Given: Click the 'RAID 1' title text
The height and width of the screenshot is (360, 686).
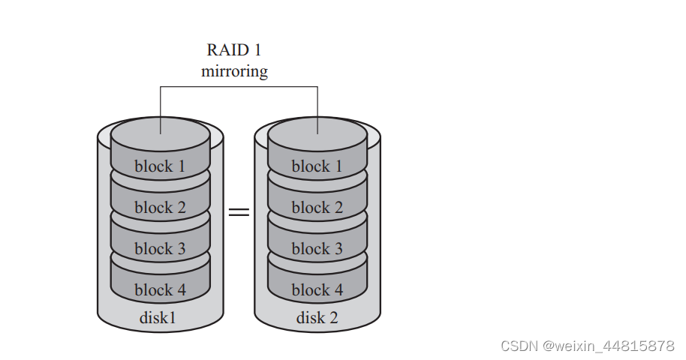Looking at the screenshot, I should (x=235, y=51).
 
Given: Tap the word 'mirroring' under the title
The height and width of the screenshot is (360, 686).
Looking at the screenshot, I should (x=235, y=72).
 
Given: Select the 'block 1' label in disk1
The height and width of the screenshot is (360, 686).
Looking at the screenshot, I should (x=160, y=166).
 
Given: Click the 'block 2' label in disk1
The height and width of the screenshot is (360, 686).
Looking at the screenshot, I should (x=160, y=208).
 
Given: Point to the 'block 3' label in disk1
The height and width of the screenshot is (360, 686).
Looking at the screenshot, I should (x=160, y=248).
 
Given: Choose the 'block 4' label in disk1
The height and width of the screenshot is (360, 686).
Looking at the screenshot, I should (x=160, y=289).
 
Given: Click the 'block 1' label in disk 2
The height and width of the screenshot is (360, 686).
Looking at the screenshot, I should (x=317, y=166).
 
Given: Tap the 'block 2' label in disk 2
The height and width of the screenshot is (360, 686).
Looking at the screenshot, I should (x=317, y=208).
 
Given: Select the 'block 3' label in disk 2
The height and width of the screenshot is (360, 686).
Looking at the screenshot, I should (x=317, y=248).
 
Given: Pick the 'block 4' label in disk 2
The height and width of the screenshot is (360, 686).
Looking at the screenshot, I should (x=317, y=289).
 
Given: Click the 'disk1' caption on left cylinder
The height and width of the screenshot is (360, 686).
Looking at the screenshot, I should (x=158, y=317).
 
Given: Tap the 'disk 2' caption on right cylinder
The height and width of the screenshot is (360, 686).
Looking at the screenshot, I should (x=317, y=317).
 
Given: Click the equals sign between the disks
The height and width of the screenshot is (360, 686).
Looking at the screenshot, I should (x=239, y=212).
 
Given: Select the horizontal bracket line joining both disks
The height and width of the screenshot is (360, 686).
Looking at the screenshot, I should (x=239, y=87).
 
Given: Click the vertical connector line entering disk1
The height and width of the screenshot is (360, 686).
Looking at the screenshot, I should (x=160, y=109).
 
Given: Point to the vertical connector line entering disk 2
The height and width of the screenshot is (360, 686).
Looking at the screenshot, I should (x=317, y=109).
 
